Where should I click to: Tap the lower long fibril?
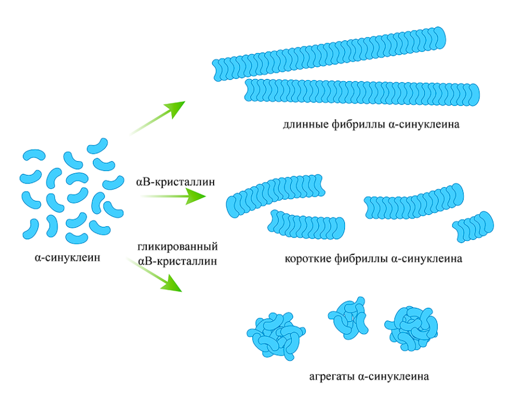point(362,92)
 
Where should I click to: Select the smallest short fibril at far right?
point(473,226)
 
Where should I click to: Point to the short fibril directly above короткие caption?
point(306,226)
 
